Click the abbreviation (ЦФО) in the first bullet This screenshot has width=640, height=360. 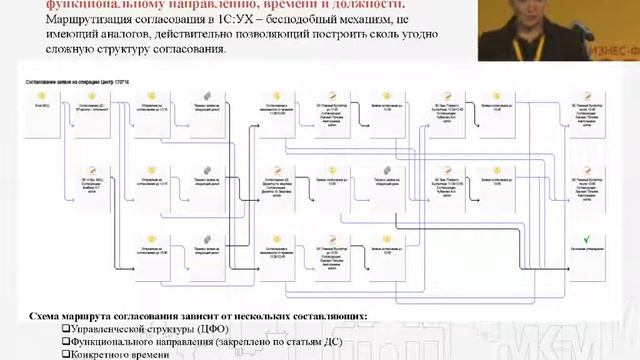pos(215,329)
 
